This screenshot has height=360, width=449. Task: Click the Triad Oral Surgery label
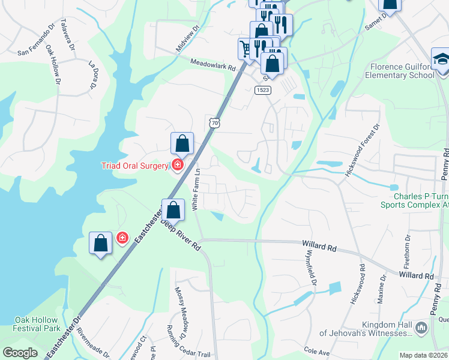click(x=134, y=166)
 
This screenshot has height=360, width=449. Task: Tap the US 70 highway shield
click(x=214, y=122)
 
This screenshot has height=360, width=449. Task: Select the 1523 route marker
click(x=262, y=90)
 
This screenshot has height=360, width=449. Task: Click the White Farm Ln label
click(x=195, y=188)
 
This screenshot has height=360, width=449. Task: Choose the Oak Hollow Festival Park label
click(x=37, y=324)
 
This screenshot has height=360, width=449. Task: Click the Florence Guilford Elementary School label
click(x=402, y=71)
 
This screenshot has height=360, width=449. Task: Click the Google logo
click(x=20, y=353)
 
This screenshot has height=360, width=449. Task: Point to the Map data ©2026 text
click(x=423, y=355)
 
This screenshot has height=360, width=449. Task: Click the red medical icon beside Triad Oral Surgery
click(x=177, y=164)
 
